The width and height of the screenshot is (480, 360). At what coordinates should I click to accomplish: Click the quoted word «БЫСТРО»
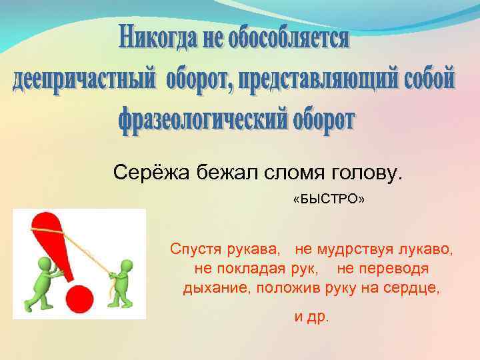point(329,200)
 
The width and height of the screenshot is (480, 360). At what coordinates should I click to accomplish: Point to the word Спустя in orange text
point(193,250)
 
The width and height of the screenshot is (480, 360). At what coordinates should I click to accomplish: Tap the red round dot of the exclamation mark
point(79,297)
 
